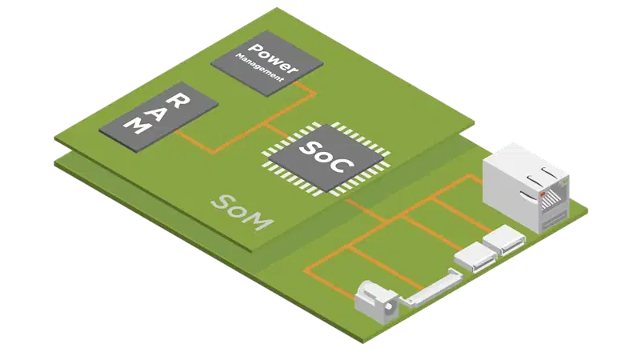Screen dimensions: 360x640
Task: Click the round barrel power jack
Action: coord(376,300)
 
